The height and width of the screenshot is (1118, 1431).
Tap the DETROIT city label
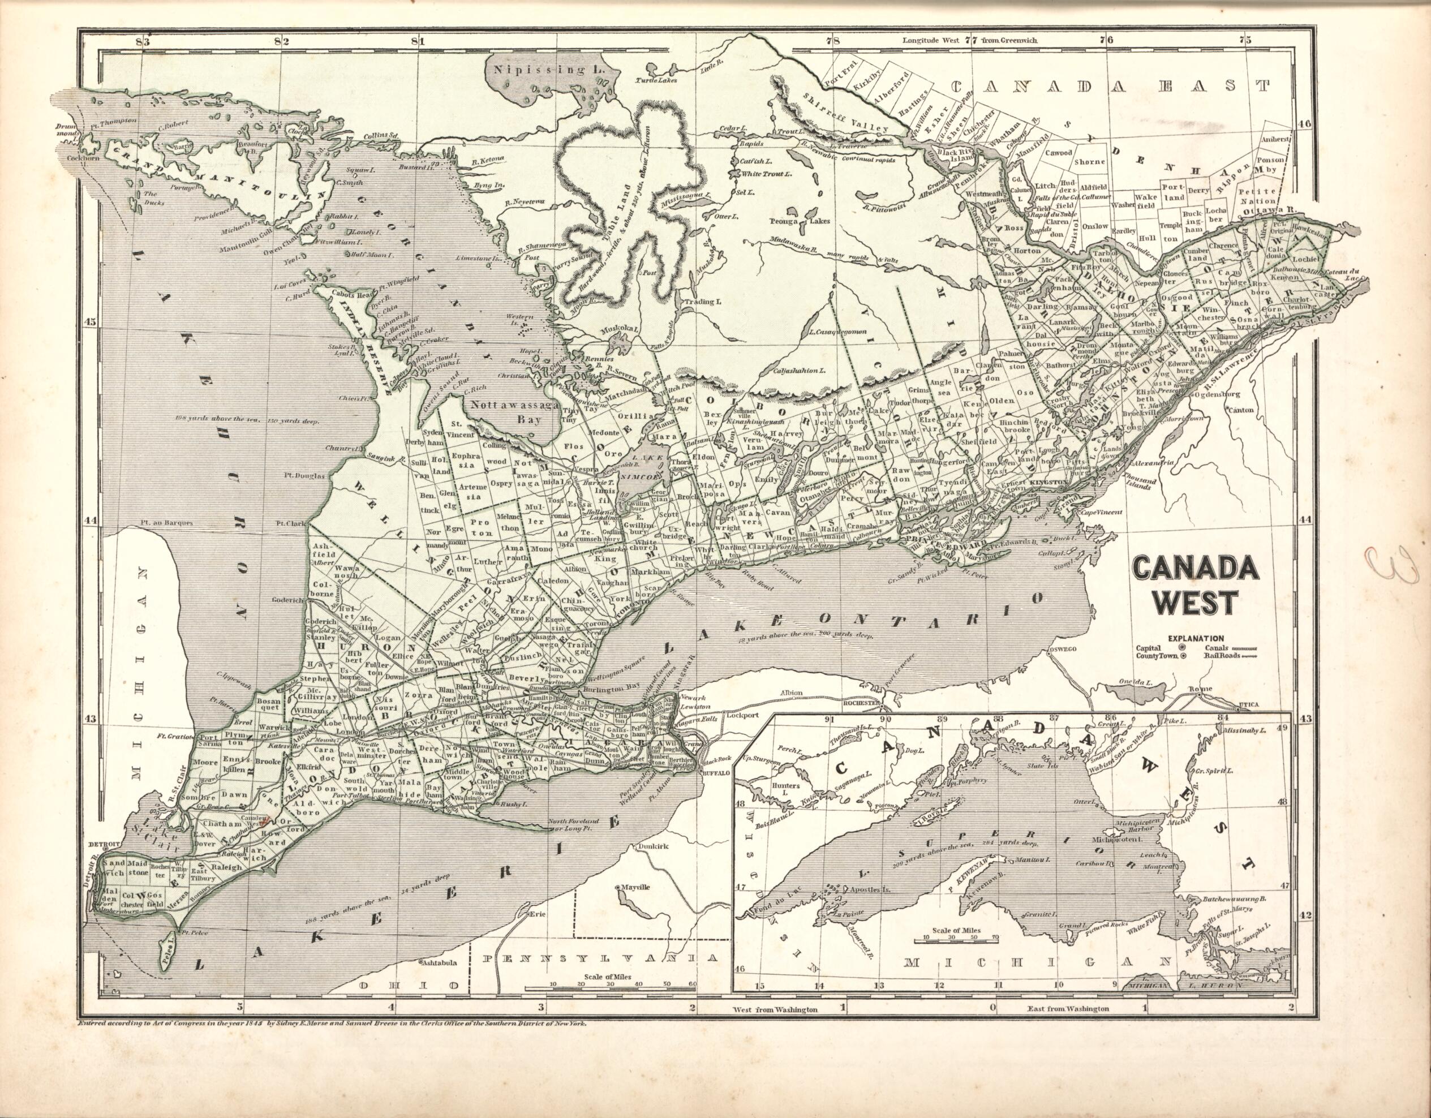click(104, 841)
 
